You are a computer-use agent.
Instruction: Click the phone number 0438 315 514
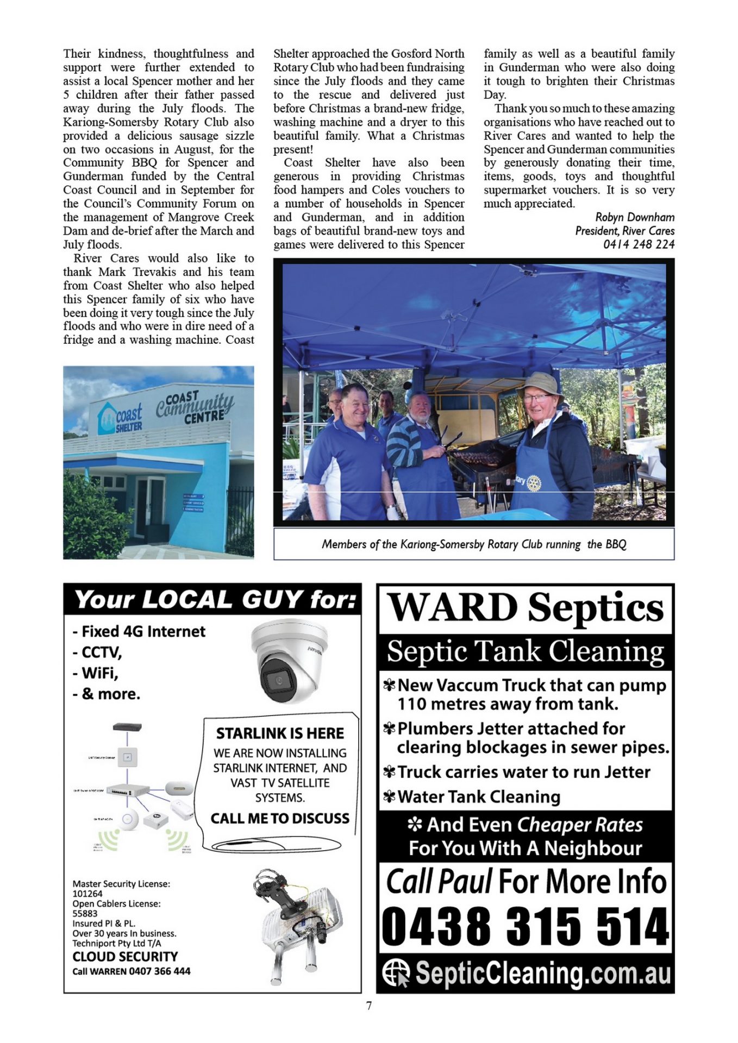click(x=525, y=926)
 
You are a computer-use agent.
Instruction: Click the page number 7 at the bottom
click(x=369, y=1006)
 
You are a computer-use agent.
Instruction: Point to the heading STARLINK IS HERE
click(x=280, y=733)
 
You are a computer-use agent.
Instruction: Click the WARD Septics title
click(x=525, y=607)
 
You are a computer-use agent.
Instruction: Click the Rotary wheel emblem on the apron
click(x=534, y=482)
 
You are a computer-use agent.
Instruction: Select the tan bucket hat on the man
click(x=539, y=384)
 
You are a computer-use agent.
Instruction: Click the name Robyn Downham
click(x=635, y=217)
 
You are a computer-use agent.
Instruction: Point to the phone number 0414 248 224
click(x=639, y=244)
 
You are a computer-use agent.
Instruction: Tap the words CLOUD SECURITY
click(x=125, y=957)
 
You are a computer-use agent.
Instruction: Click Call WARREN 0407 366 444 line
click(x=132, y=971)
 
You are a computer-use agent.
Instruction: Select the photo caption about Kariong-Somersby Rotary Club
click(x=473, y=544)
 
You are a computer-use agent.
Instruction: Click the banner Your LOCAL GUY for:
click(x=215, y=600)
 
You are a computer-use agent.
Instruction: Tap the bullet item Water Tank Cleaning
click(x=478, y=796)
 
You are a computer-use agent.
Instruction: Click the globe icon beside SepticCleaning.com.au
click(x=396, y=973)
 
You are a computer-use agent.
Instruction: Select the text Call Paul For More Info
click(x=525, y=881)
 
